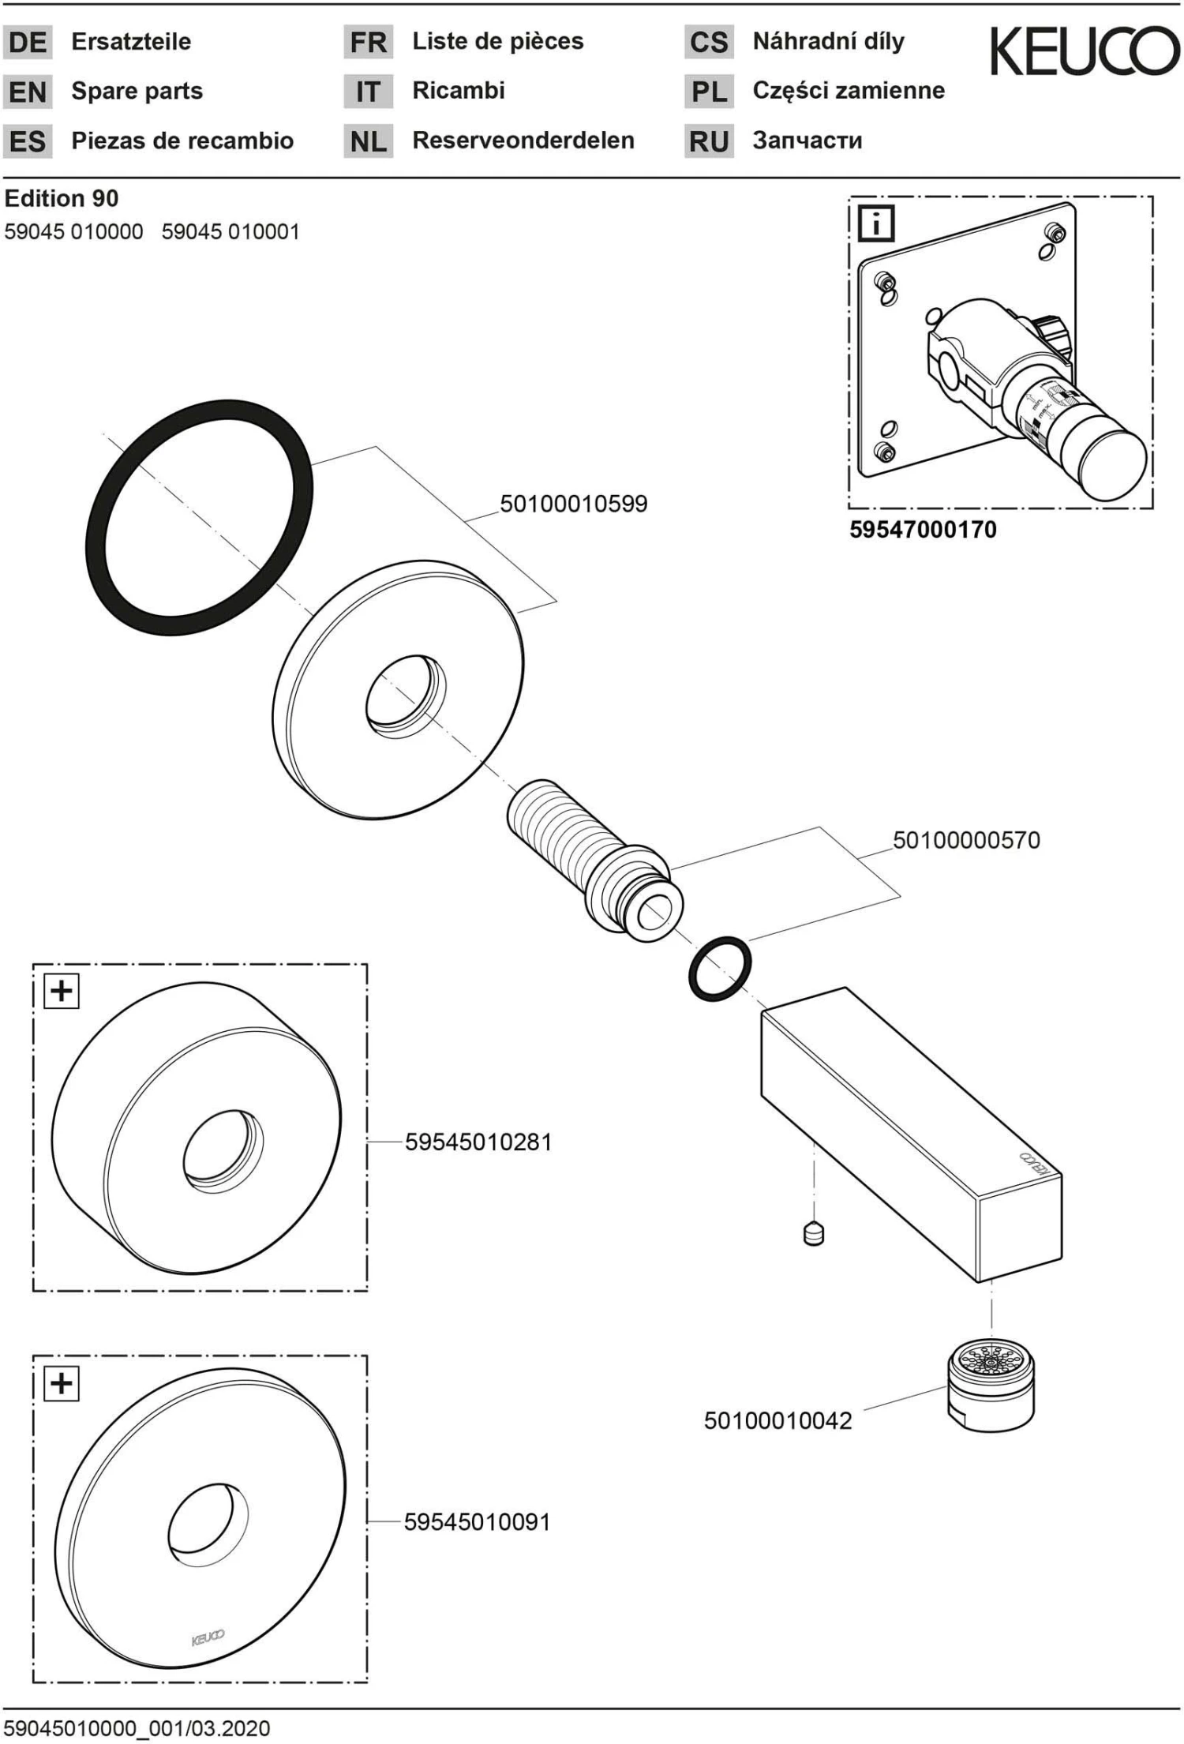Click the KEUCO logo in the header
[x=1085, y=51]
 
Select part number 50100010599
[x=573, y=504]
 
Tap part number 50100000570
[x=966, y=840]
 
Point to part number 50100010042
[x=777, y=1420]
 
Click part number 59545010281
[x=478, y=1142]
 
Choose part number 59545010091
[x=477, y=1521]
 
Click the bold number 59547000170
[x=923, y=530]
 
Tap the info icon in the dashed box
[x=876, y=223]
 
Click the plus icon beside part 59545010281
[x=62, y=991]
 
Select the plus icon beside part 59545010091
[x=62, y=1383]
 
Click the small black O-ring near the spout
[x=719, y=969]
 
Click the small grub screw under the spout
[x=813, y=1233]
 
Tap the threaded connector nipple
[x=592, y=861]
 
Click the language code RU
[x=708, y=142]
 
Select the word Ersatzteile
[x=131, y=42]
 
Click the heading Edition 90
[x=62, y=198]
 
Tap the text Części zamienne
[x=848, y=91]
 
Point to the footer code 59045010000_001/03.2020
[x=137, y=1728]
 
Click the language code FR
[x=368, y=43]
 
